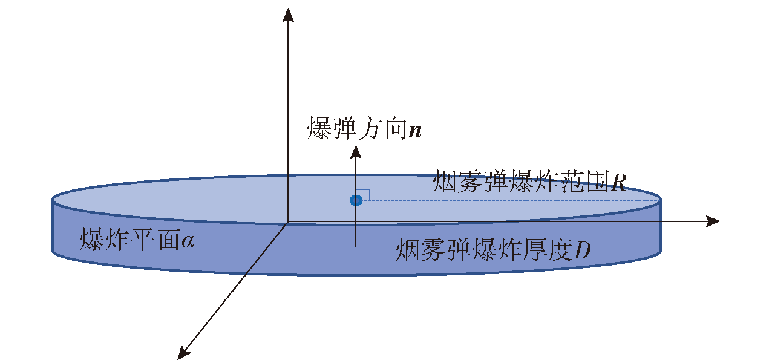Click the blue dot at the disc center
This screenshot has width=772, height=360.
coord(356,200)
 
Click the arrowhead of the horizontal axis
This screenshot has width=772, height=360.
coord(713,221)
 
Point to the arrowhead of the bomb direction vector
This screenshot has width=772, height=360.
coord(356,152)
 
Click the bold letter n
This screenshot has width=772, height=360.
coord(415,131)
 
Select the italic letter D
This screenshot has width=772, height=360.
coord(583,250)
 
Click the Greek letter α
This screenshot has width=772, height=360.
coord(188,241)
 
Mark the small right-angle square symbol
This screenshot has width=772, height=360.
coord(364,195)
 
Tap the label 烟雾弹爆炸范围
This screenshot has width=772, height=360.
coord(520,181)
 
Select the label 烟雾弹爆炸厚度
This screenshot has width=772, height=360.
coord(484,250)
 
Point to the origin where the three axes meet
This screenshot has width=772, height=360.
coord(288,221)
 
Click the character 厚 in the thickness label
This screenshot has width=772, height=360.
coord(535,250)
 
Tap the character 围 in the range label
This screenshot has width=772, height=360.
coord(597,181)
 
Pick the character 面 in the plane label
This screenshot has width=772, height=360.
coord(168,240)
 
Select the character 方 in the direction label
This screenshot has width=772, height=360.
coord(370,128)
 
